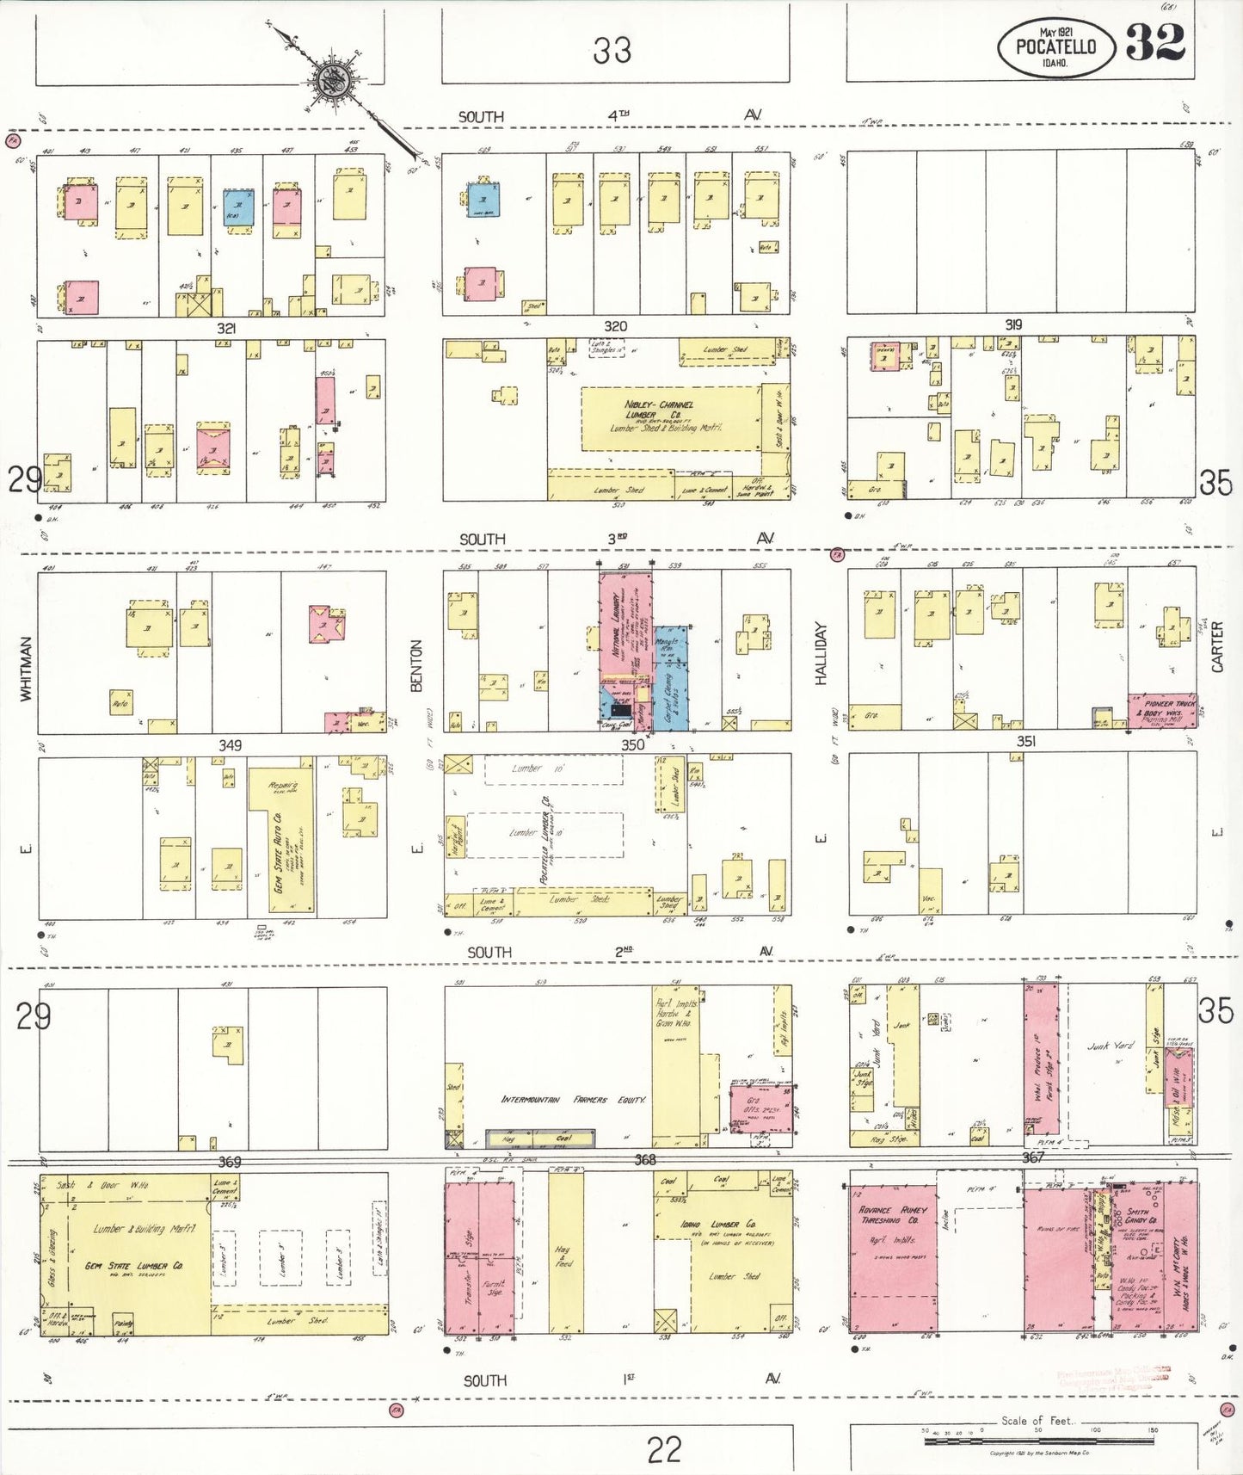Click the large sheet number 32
click(1155, 43)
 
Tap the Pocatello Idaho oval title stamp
click(1056, 48)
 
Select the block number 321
click(226, 328)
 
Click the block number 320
click(615, 326)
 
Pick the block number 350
click(632, 745)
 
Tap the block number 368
click(645, 1160)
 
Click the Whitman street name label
click(25, 669)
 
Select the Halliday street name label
click(821, 654)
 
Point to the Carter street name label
click(1217, 647)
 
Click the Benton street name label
click(416, 665)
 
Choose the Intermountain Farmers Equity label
click(574, 1100)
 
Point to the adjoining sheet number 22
click(663, 1450)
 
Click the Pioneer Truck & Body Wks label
click(1162, 709)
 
